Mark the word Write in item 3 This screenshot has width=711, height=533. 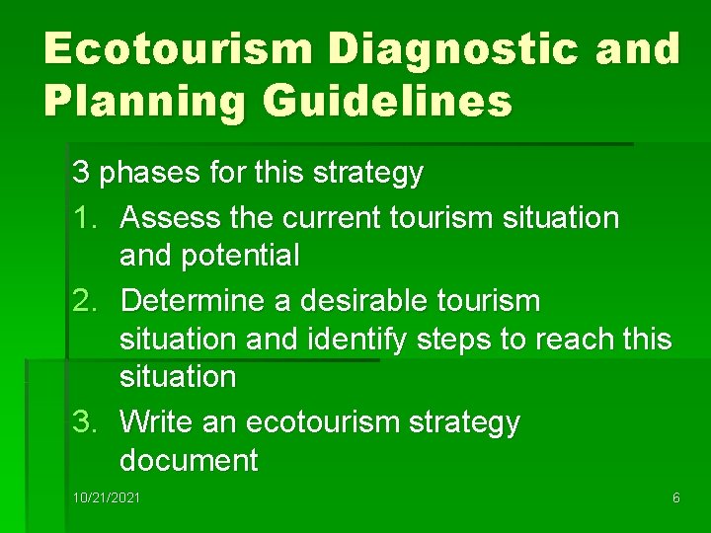pyautogui.click(x=158, y=421)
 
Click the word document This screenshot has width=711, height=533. pyautogui.click(x=189, y=460)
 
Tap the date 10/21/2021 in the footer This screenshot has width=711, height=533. pyautogui.click(x=107, y=498)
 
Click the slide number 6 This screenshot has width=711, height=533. pyautogui.click(x=675, y=498)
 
